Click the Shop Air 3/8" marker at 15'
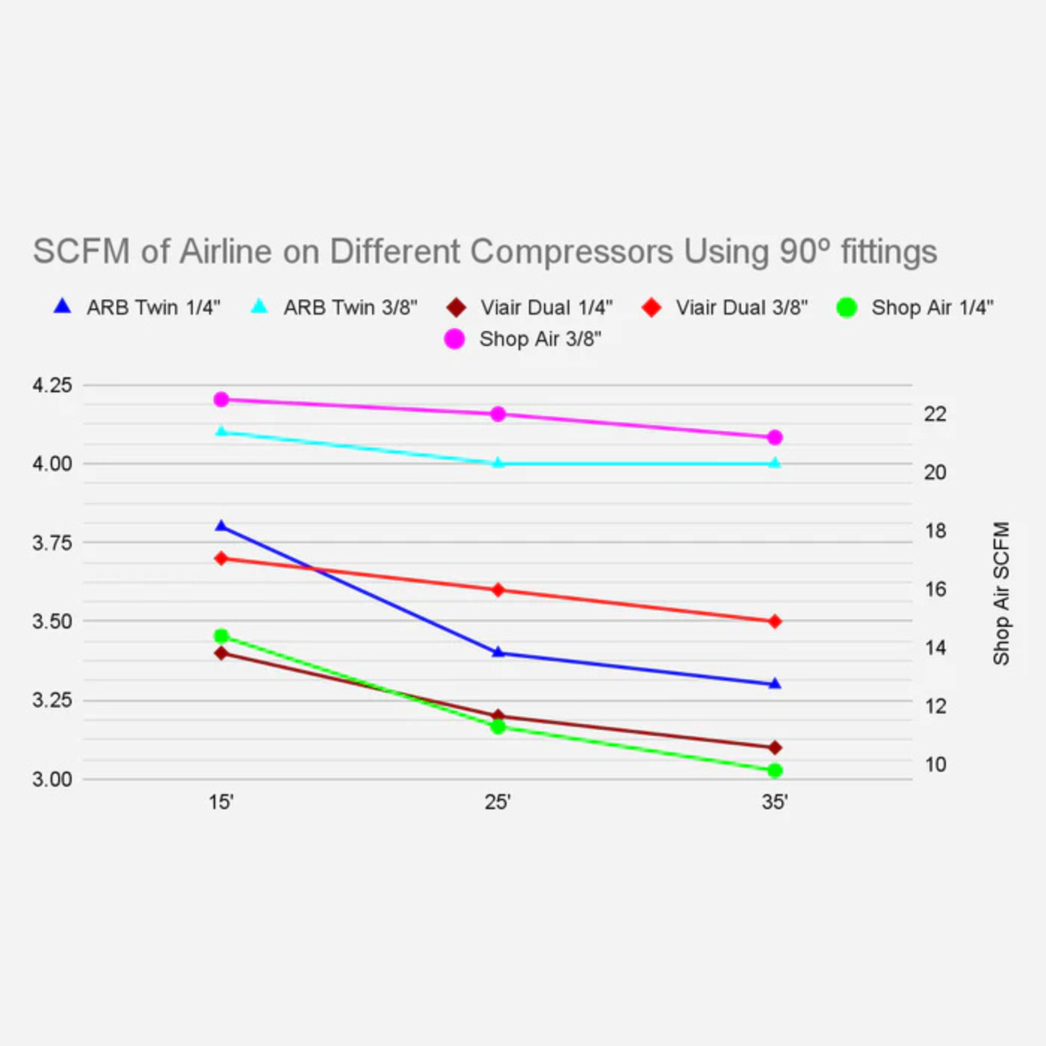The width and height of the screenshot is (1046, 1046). coord(221,400)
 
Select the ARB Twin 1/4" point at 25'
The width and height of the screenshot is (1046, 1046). coord(498,652)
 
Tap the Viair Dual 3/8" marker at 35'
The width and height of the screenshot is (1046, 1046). coord(775,622)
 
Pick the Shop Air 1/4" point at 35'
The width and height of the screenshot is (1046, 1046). coord(775,770)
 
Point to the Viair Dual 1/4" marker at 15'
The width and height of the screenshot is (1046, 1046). coord(221,653)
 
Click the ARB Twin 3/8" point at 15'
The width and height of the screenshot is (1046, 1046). coord(221,431)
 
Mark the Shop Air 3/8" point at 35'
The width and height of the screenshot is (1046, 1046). coord(775,437)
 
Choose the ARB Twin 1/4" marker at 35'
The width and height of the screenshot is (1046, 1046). coord(775,684)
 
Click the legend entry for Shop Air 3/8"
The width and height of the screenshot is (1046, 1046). coord(523,339)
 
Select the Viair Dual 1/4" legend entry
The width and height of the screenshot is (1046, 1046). coord(530,307)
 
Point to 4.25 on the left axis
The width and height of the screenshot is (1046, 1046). coord(52,386)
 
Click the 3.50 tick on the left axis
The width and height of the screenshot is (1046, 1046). coord(52,622)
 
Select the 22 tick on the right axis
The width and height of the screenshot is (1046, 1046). coord(935,414)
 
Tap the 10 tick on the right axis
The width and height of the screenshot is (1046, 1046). coord(935,765)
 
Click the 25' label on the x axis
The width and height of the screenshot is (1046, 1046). coord(498,802)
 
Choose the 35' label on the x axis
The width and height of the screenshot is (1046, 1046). coord(775,802)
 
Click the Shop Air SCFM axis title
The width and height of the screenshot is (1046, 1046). coord(1001,593)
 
